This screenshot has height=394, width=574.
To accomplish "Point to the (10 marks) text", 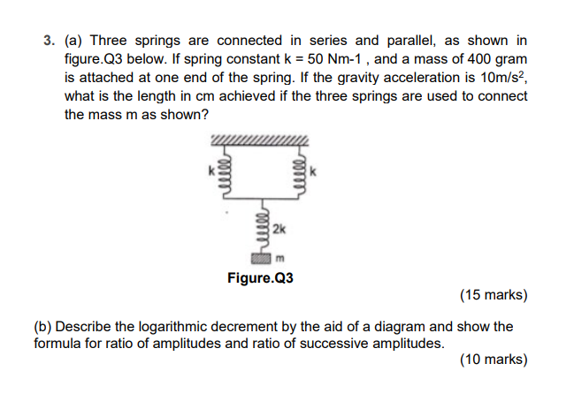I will [x=494, y=360].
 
